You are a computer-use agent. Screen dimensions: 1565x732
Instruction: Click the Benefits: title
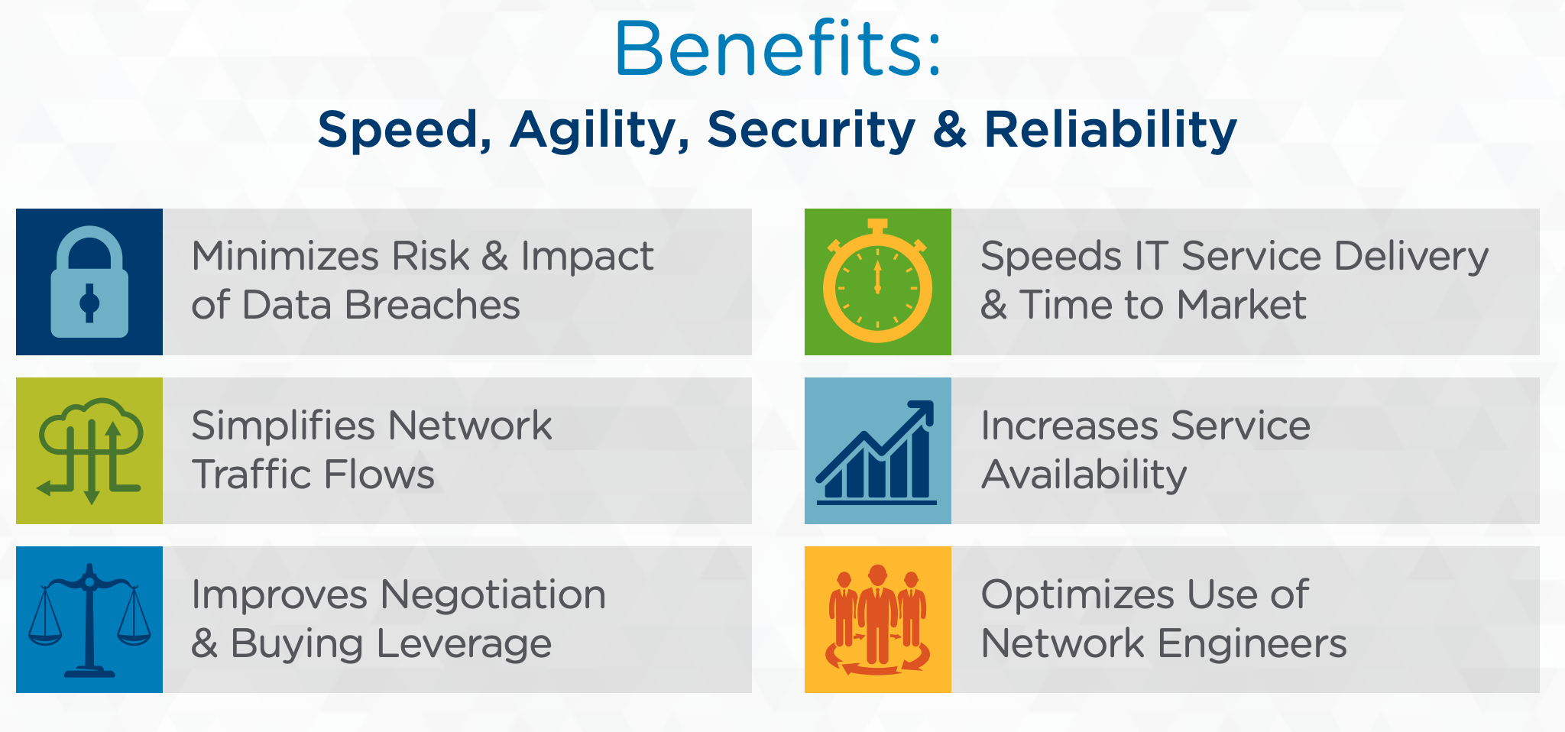coord(778,48)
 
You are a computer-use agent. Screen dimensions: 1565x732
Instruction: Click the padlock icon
coord(89,282)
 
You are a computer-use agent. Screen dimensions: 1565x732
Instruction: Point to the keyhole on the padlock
coord(89,303)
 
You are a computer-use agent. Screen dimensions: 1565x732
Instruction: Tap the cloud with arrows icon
coord(90,452)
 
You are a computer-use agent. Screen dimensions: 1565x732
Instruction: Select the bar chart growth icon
coord(876,452)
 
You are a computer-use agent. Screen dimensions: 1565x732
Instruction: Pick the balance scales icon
coord(89,620)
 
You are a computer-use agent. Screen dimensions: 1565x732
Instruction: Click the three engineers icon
coord(877,620)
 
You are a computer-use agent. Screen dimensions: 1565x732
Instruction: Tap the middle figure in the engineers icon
coord(877,614)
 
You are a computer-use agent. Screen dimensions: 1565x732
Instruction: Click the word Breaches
coord(433,305)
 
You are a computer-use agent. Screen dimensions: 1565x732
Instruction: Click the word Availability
coord(1084,475)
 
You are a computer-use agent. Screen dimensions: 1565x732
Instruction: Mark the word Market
coord(1241,305)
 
